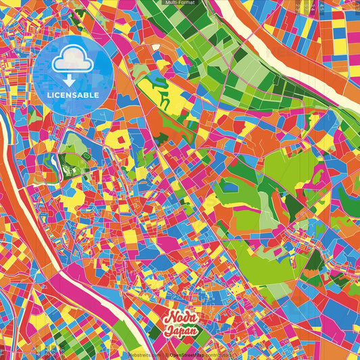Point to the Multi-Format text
click(180, 3)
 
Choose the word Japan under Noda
click(180, 332)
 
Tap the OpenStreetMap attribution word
click(192, 354)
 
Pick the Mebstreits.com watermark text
click(144, 354)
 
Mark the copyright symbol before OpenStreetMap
click(166, 354)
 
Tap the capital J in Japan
click(167, 332)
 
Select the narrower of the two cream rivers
click(27, 223)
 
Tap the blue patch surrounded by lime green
click(230, 185)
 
